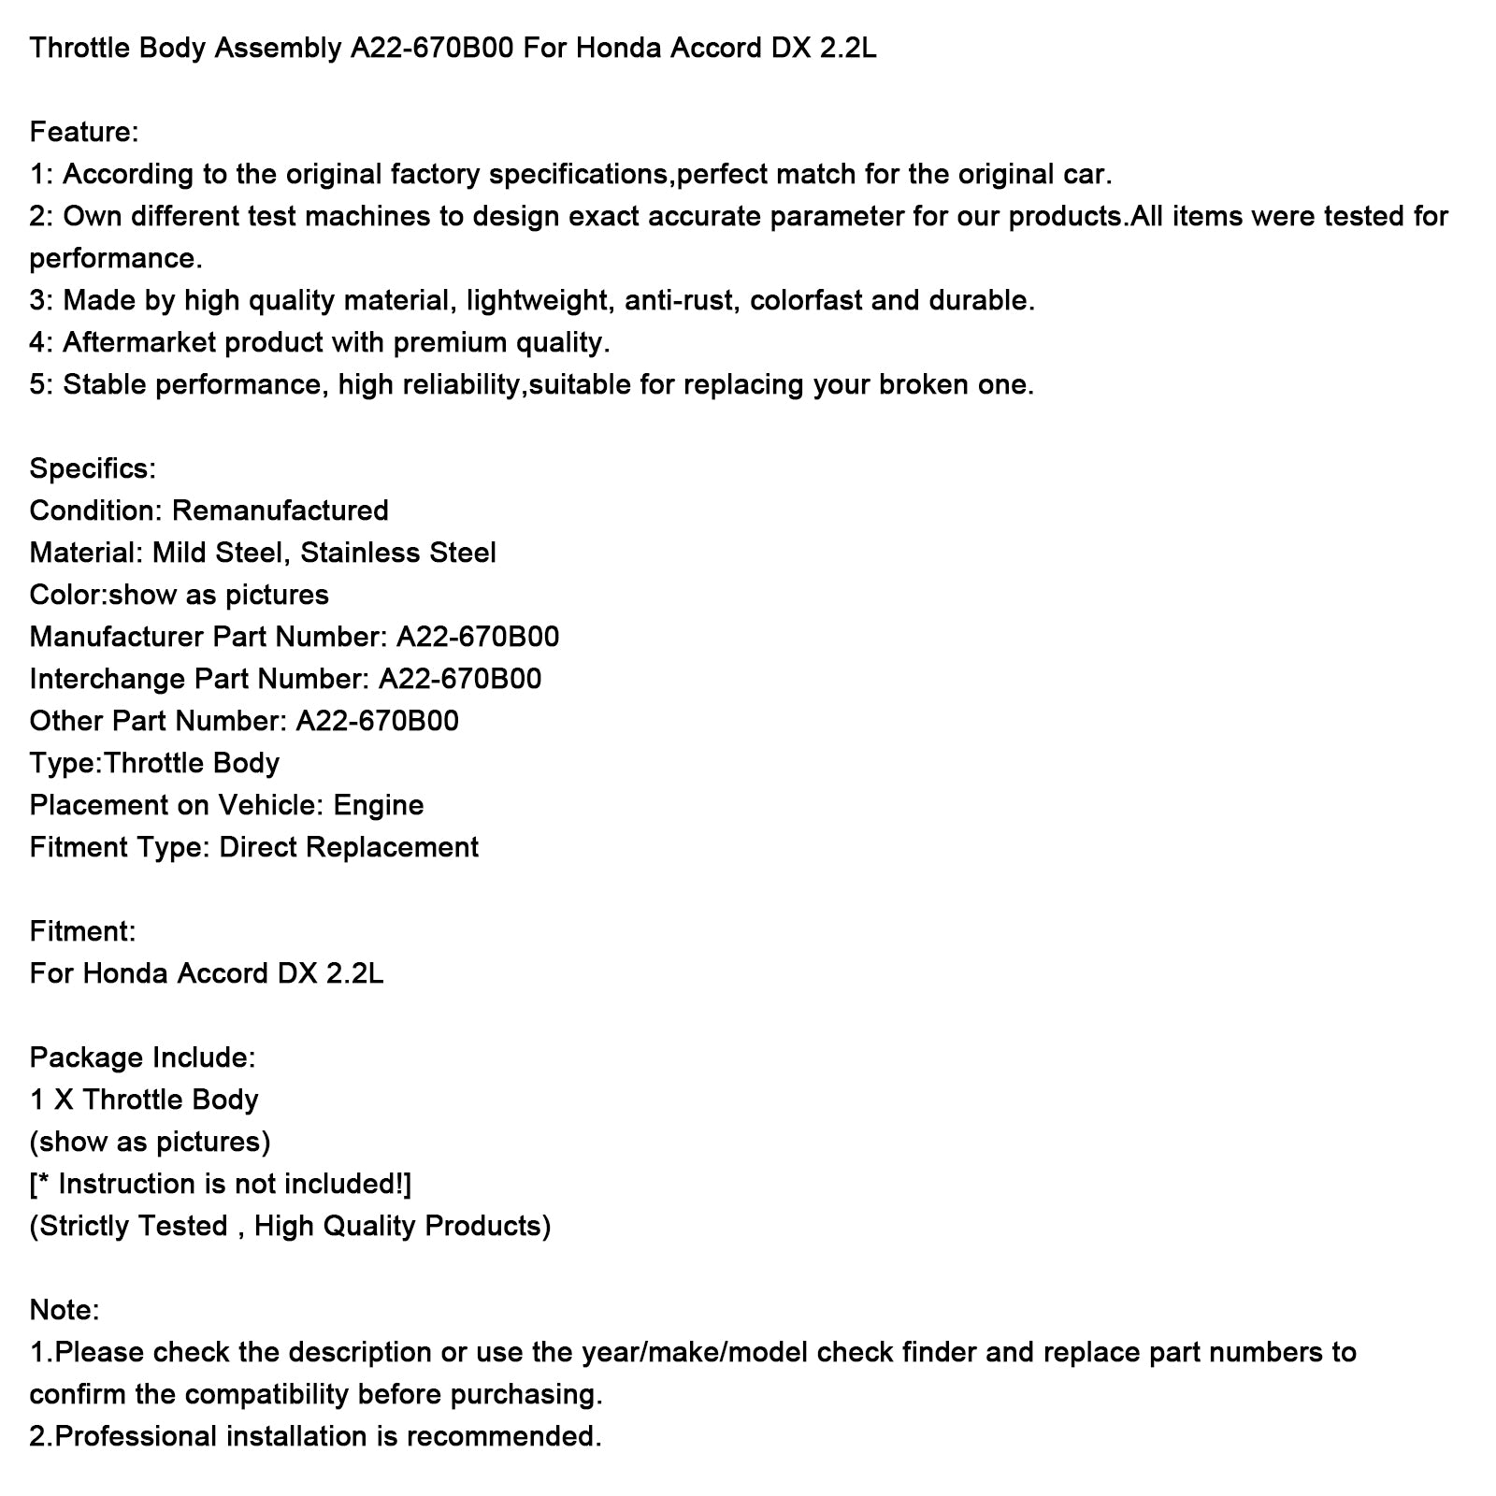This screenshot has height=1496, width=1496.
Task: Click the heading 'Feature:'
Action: (84, 132)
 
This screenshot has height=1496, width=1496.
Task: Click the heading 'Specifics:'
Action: (93, 468)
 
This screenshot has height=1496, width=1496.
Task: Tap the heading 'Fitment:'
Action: (82, 931)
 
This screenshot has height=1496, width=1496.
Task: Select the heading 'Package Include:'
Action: (142, 1057)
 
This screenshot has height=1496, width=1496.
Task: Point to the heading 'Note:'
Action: (65, 1310)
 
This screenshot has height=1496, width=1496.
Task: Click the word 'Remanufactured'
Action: (280, 511)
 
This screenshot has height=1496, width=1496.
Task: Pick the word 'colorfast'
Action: (806, 300)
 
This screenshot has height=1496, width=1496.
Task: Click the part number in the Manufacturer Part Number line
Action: (477, 637)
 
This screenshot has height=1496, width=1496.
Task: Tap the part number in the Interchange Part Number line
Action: (459, 679)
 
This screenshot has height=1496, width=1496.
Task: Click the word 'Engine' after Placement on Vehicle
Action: (379, 805)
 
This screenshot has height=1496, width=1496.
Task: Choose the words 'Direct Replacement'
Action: (349, 847)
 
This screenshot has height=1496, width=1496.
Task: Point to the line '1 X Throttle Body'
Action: (144, 1100)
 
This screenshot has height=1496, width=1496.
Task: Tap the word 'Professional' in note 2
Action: (137, 1436)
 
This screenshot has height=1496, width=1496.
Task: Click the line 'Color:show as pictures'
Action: (180, 595)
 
